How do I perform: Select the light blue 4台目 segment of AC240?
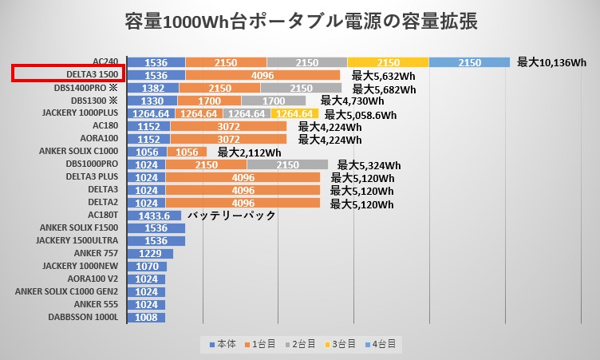pos(469,62)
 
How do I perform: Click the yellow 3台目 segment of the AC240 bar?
pos(388,62)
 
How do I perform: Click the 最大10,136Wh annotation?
pos(551,61)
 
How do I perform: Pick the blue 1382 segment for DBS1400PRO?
pos(153,88)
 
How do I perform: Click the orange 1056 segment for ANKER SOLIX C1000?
pos(186,152)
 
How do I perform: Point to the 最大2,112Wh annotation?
pos(249,152)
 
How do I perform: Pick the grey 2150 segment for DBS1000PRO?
pos(286,164)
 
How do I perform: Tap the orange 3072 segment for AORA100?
pos(226,139)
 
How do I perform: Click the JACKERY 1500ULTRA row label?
pos(77,241)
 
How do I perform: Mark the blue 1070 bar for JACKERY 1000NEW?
pos(147,267)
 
